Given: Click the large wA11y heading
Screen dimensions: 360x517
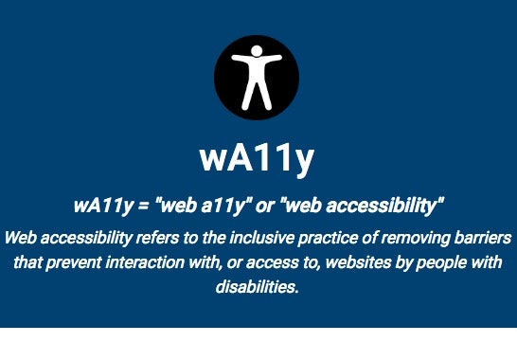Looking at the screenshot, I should (x=257, y=157).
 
